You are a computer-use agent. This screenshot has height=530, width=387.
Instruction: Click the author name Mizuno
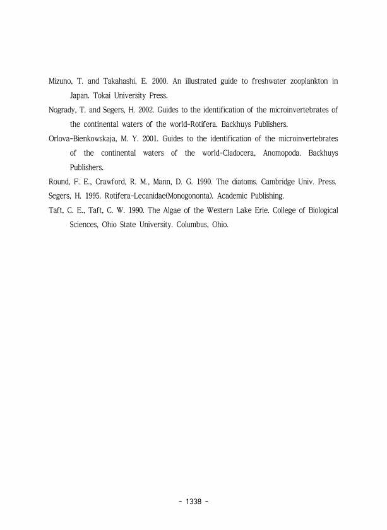tap(62, 81)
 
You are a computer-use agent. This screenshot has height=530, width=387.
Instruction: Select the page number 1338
tap(193, 501)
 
